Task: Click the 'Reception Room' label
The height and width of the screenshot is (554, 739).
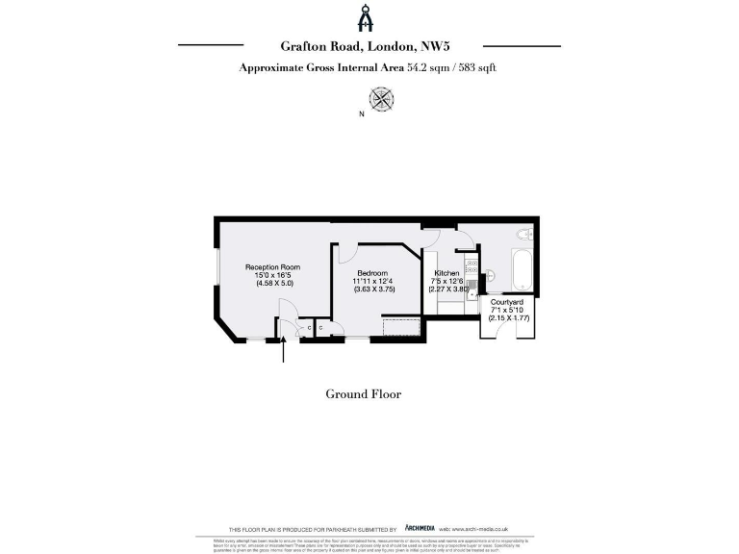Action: [272, 266]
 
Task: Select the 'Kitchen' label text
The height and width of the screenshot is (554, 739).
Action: [446, 273]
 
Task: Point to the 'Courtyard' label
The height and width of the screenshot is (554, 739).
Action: [506, 302]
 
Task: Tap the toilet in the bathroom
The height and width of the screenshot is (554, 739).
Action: [523, 234]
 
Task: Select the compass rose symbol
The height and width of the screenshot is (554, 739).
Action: [381, 97]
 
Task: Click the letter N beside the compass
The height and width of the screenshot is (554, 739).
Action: [361, 114]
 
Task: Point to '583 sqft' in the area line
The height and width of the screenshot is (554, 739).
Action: [477, 67]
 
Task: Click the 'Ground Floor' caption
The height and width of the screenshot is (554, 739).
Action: [363, 394]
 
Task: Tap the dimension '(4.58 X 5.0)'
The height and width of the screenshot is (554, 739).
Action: [272, 284]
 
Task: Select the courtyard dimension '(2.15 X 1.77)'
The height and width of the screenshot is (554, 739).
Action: [506, 317]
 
